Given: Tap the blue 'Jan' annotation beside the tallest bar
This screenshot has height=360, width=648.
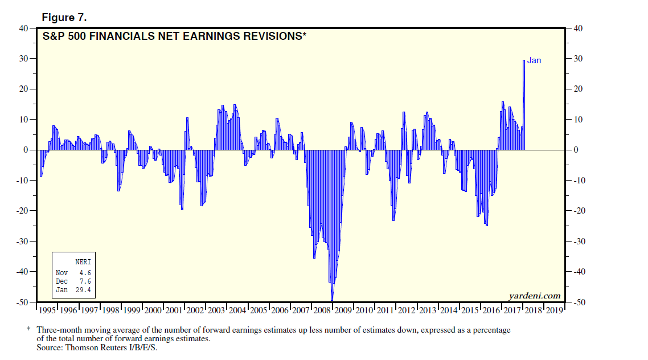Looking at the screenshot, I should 534,60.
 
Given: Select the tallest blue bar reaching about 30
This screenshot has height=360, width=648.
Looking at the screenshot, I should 524,105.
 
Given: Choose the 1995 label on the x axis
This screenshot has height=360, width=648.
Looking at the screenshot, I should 47,310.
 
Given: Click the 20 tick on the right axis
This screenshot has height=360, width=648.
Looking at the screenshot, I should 576,89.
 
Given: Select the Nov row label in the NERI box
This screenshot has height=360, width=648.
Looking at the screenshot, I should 61,272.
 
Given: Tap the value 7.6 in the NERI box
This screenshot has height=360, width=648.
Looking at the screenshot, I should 85,281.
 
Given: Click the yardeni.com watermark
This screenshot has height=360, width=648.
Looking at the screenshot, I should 534,296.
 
